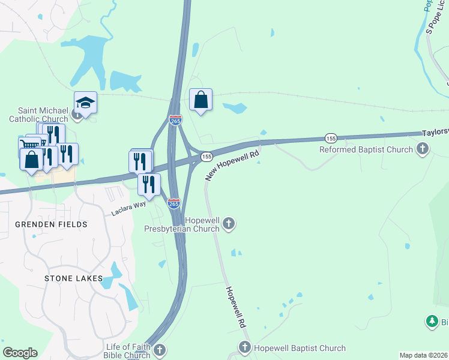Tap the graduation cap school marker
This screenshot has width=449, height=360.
(x=85, y=103)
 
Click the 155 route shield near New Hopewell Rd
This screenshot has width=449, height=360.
(x=206, y=156)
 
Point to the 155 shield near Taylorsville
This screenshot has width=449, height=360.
(x=331, y=137)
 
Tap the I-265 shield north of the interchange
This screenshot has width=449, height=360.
(x=175, y=121)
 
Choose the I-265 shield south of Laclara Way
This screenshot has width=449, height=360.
(x=173, y=203)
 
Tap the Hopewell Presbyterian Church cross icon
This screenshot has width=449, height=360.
(x=228, y=224)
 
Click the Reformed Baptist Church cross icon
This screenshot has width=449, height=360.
(x=423, y=149)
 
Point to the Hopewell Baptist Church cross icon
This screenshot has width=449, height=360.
(x=244, y=347)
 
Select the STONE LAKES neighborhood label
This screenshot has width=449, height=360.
(x=73, y=279)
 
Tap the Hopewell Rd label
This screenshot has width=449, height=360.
(x=236, y=306)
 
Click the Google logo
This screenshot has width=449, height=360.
(x=20, y=353)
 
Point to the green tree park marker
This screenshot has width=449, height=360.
(x=432, y=322)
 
